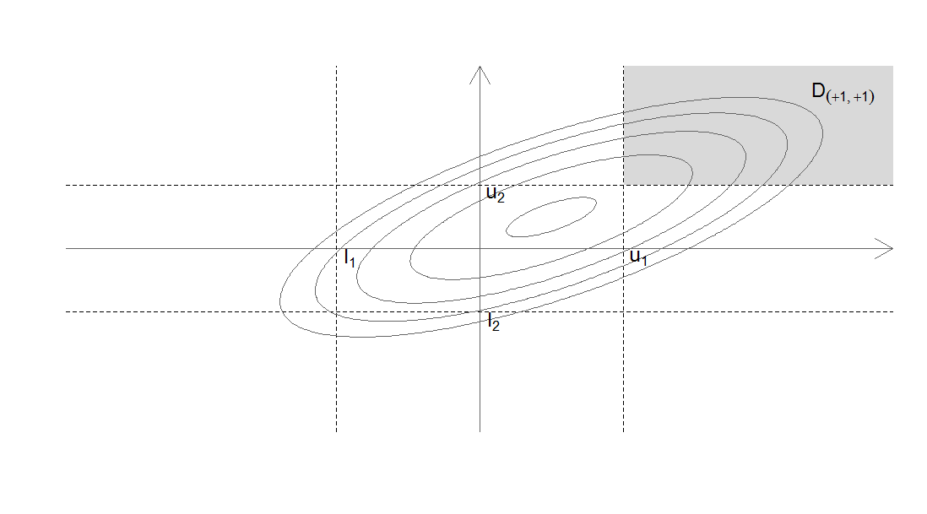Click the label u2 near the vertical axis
point(496,194)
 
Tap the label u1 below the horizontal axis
point(639,257)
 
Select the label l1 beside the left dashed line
point(350,258)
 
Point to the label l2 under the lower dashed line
point(494,322)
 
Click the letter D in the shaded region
point(819,90)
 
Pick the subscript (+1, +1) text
point(850,97)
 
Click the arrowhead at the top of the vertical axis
point(480,74)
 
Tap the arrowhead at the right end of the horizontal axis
point(884,249)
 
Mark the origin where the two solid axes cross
point(480,249)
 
